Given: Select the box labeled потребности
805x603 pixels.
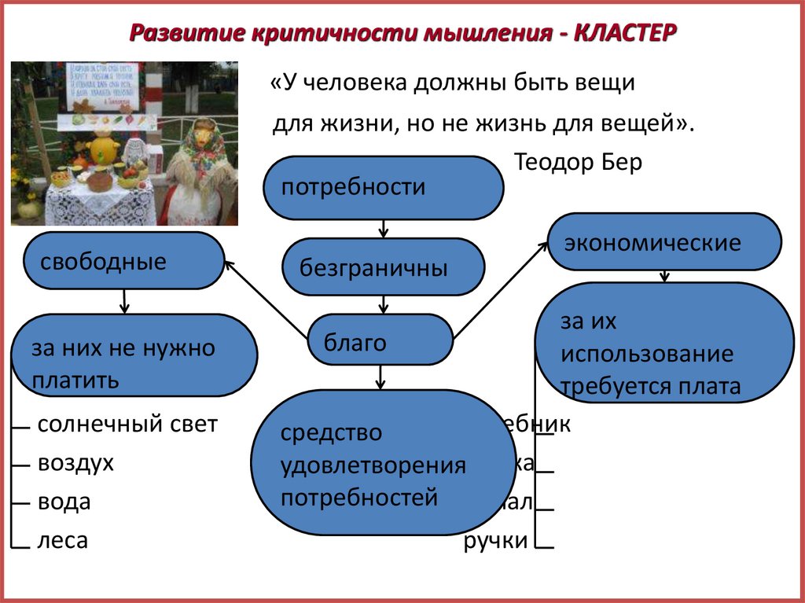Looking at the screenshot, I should [x=383, y=188].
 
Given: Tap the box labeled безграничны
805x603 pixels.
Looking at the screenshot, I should [x=383, y=267].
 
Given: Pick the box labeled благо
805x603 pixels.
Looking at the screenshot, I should [x=380, y=341].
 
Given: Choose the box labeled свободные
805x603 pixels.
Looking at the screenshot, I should [x=124, y=260].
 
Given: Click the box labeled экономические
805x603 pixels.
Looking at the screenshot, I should [x=664, y=242].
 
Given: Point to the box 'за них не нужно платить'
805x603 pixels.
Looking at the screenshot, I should [x=134, y=355].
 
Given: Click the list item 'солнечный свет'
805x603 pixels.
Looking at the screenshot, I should [x=127, y=425].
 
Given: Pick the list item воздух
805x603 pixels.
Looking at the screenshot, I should [x=75, y=463].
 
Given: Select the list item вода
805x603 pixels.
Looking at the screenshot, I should [x=64, y=502].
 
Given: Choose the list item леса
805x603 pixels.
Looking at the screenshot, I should [x=62, y=540].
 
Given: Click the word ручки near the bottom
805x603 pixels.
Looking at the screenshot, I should [x=495, y=540].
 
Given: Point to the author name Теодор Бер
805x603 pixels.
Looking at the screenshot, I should [x=579, y=163].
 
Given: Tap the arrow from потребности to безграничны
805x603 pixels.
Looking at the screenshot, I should [x=383, y=228].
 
